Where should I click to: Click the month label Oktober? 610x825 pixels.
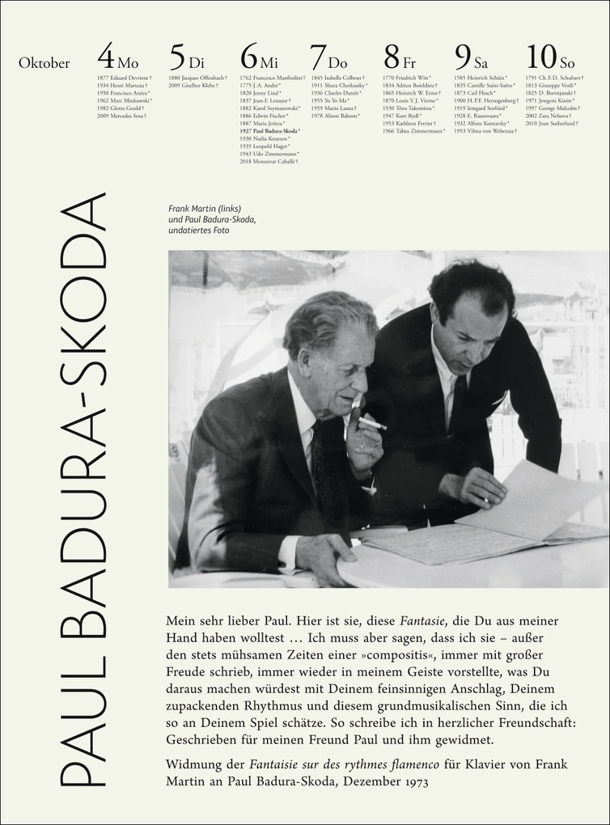point(44,63)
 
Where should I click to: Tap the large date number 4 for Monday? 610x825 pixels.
point(105,57)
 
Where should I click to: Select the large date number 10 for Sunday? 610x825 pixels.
point(540,57)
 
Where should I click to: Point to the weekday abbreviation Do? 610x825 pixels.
point(337,63)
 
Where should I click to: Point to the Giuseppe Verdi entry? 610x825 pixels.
point(553,85)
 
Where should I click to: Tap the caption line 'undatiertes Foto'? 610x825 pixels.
point(198,231)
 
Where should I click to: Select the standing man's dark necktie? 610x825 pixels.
point(458,404)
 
